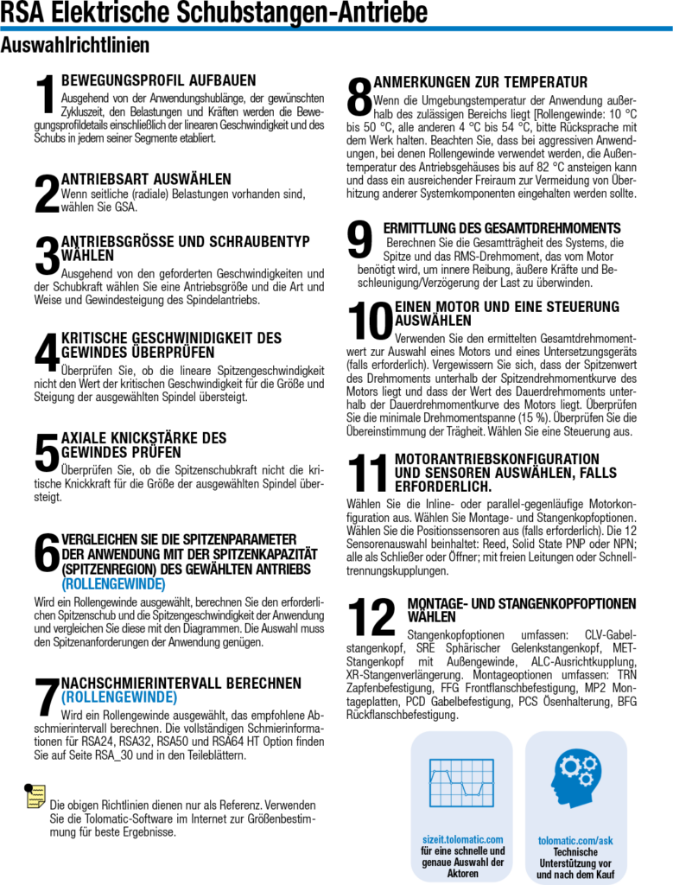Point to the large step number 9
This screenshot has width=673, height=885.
pyautogui.click(x=359, y=239)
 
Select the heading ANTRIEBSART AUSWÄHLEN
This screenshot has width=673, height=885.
pyautogui.click(x=146, y=178)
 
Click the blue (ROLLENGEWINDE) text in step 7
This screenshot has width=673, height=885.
pyautogui.click(x=119, y=697)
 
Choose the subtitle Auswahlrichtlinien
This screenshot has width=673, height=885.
pyautogui.click(x=75, y=44)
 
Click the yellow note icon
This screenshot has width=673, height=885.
pyautogui.click(x=35, y=796)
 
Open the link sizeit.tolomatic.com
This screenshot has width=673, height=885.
pyautogui.click(x=462, y=838)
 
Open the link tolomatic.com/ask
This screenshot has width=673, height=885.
pyautogui.click(x=575, y=839)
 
